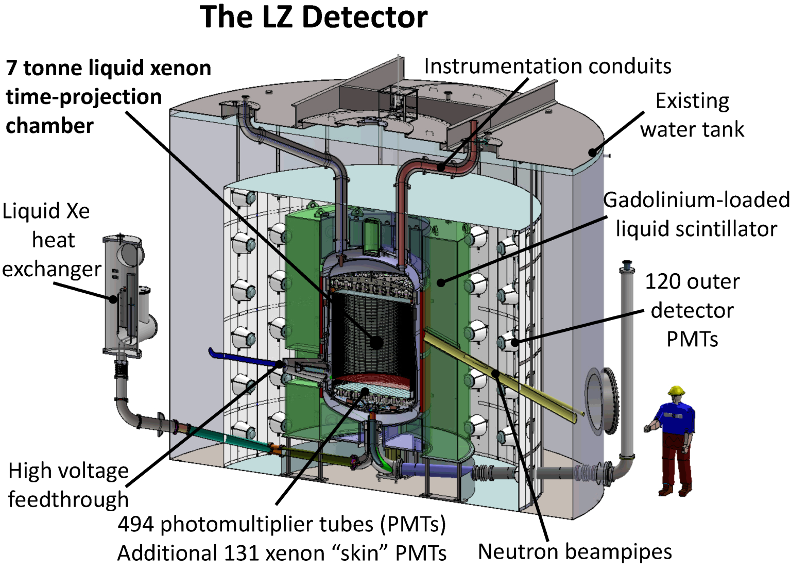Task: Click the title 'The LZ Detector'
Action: point(313,18)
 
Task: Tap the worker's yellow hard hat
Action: point(676,391)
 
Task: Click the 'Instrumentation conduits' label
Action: point(547,66)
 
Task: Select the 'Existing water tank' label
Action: point(692,115)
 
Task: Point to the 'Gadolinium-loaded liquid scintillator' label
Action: point(696,214)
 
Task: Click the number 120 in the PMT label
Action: point(664,282)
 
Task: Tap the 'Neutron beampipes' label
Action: point(575,551)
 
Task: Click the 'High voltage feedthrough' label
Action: point(68,485)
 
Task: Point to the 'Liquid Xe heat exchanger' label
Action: point(50,240)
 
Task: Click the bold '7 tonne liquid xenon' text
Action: point(109,69)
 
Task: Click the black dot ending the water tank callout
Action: point(593,153)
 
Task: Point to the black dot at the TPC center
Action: point(376,342)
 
